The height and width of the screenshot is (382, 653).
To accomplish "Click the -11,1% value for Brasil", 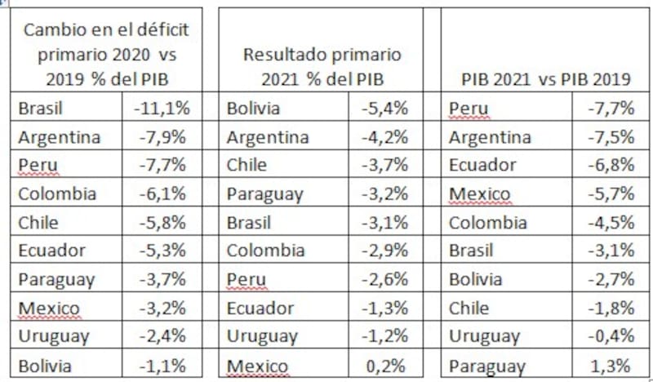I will click(163, 108).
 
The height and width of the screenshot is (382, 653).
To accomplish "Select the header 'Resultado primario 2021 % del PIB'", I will click(322, 67).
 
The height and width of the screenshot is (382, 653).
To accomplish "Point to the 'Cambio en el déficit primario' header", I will click(106, 55).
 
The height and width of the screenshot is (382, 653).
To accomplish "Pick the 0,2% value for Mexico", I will click(389, 366).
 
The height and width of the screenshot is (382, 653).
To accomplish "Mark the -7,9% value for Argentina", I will click(165, 136).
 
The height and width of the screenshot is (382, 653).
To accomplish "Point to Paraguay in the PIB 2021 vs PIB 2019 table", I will click(486, 366).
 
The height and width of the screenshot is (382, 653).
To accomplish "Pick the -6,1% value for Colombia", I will click(165, 193).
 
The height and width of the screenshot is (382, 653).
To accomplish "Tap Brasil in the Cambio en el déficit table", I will click(41, 108).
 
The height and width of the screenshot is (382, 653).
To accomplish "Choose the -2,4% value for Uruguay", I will click(165, 336).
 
